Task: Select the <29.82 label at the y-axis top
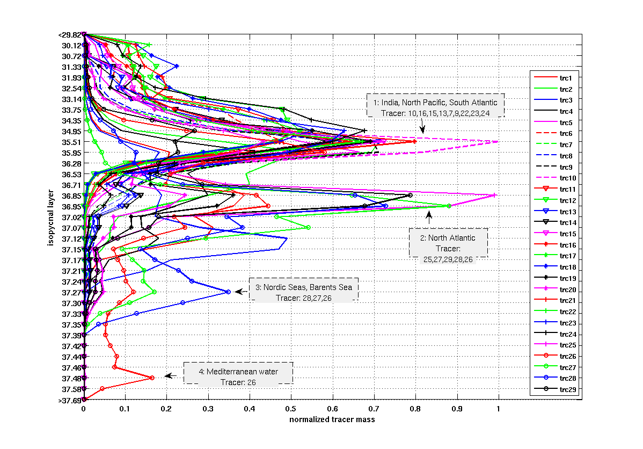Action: click(x=69, y=35)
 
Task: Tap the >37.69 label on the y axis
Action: click(x=69, y=400)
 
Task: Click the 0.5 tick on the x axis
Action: click(x=291, y=409)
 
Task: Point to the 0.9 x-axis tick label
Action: click(x=457, y=409)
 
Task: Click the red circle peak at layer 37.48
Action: click(x=152, y=378)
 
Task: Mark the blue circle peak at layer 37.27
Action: click(x=228, y=292)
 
